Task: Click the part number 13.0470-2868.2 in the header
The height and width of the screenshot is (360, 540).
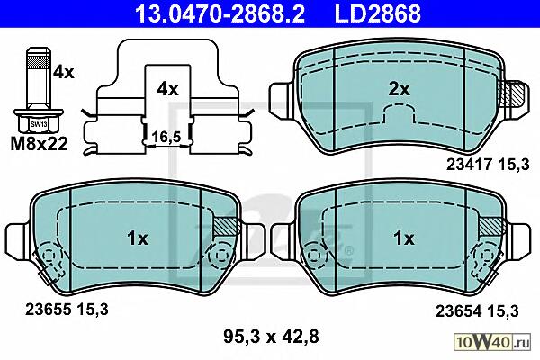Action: (220, 13)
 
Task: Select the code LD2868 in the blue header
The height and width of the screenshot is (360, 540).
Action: (377, 13)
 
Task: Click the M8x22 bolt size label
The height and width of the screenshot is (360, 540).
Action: (40, 144)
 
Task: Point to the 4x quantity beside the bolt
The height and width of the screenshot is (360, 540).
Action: (64, 73)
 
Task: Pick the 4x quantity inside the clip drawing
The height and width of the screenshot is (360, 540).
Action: (167, 90)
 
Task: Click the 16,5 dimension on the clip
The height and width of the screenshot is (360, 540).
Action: (166, 137)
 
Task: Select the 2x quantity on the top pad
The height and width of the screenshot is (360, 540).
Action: (399, 90)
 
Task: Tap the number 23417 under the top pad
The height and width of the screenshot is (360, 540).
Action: (469, 165)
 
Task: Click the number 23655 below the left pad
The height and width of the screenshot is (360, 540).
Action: (48, 309)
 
